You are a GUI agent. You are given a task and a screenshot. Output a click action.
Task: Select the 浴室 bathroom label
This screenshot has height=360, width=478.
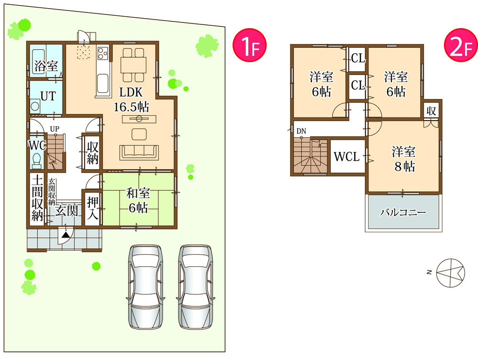45,66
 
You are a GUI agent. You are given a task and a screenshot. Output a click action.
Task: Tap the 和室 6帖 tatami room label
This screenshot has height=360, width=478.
138,200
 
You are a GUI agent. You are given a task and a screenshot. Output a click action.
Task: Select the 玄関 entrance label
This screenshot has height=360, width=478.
66,210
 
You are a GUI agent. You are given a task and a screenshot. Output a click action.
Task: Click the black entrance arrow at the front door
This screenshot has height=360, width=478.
65,235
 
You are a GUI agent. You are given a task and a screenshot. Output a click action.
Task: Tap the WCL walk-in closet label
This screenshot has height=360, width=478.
346,156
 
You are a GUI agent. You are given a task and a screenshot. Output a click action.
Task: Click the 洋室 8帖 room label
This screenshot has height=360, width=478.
403,159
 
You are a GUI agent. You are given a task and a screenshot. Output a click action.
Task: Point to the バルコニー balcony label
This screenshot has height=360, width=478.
402,212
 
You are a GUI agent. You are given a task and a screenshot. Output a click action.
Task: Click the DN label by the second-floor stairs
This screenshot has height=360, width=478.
301,131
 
